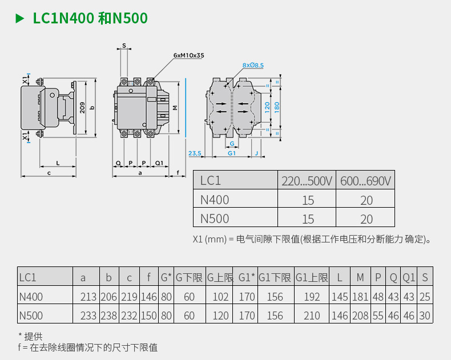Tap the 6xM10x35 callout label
[189, 56]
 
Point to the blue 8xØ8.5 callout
[253, 66]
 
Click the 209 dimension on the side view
[83, 107]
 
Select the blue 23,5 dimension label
[195, 153]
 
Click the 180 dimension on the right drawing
[277, 107]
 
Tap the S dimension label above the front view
[124, 45]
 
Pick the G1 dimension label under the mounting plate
[231, 153]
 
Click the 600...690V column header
[365, 181]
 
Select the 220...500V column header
[307, 181]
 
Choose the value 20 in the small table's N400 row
[366, 200]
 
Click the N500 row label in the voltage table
[215, 219]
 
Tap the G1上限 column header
[312, 278]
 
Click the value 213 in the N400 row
[88, 297]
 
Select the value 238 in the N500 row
[109, 315]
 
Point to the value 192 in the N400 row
[312, 297]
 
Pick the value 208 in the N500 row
[360, 315]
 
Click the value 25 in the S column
[425, 297]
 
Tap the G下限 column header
[189, 278]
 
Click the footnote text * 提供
[30, 336]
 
